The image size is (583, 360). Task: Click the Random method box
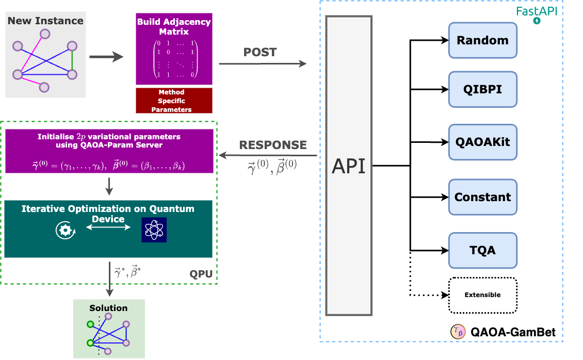482,40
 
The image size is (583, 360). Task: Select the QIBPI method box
482,89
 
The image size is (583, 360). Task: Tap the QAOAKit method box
482,142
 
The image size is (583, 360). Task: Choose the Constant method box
482,197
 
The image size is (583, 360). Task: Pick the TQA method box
482,250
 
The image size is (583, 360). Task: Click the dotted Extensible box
482,295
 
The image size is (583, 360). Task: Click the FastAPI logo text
537,11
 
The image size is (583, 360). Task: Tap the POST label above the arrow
260,53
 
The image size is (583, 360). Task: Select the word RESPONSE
273,145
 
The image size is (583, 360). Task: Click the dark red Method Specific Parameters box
174,101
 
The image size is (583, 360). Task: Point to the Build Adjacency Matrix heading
174,27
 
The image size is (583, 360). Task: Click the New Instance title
45,21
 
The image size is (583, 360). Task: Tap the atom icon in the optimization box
154,230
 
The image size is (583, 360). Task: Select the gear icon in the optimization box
66,230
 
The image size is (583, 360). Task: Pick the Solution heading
108,308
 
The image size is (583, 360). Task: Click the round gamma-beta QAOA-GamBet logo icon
458,331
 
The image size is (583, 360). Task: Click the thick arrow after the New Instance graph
106,57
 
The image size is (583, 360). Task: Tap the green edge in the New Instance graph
72,62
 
